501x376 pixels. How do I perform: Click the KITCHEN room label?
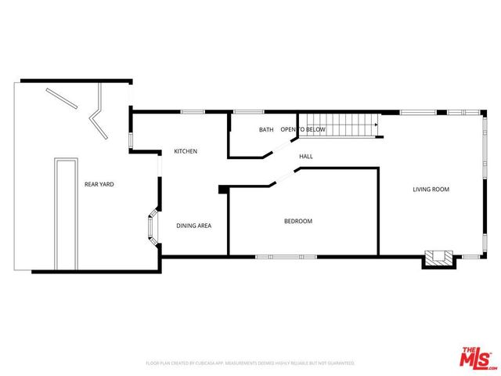tap(186, 151)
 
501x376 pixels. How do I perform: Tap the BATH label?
tap(266, 129)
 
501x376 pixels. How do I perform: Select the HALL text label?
tap(306, 157)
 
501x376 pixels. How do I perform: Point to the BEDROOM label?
tap(297, 221)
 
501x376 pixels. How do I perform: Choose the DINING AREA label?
tap(193, 226)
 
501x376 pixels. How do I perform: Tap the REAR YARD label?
tap(99, 184)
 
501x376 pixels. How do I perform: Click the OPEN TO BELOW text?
tap(303, 129)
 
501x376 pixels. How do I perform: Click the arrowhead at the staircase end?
tap(377, 124)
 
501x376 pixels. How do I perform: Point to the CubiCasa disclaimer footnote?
tap(250, 363)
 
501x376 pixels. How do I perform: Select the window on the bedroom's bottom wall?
tap(287, 256)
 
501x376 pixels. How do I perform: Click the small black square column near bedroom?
tap(223, 189)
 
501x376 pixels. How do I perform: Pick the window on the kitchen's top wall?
tap(193, 112)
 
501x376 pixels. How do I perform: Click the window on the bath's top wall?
tap(248, 112)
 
